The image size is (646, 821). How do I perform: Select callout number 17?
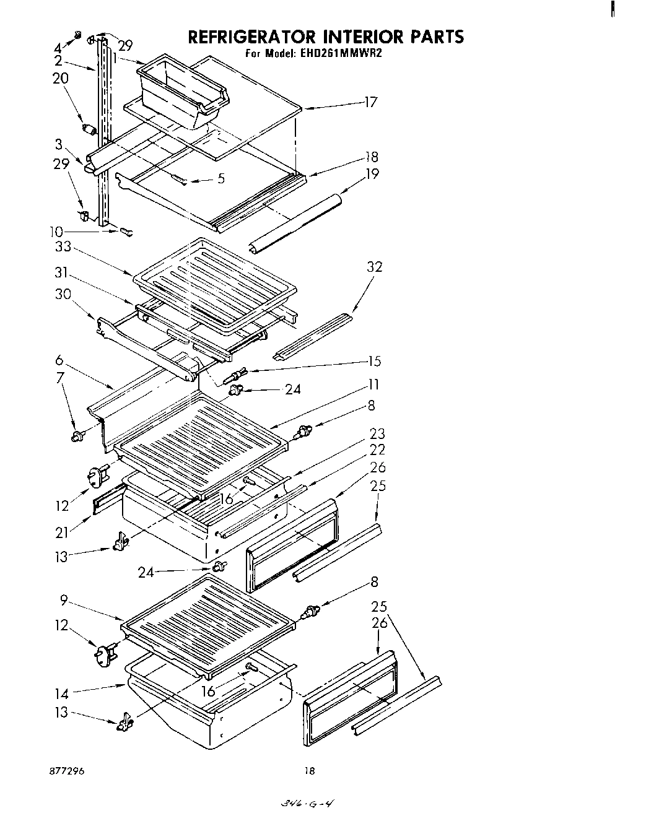tap(370, 102)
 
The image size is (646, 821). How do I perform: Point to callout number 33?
tap(63, 247)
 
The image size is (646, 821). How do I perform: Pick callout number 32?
tap(374, 267)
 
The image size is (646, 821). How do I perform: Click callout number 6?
tap(59, 360)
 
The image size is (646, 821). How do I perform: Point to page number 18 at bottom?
tap(310, 771)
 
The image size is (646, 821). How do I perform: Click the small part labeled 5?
tap(179, 180)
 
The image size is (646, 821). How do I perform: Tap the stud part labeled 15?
tap(237, 375)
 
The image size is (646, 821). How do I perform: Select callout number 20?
tap(61, 79)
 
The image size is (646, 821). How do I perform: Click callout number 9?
tap(64, 600)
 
